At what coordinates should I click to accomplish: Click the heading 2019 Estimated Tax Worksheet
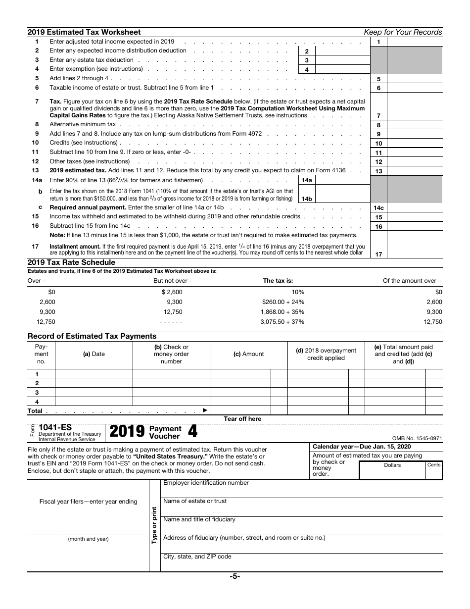(x=84, y=32)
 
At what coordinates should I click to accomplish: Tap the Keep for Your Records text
(x=403, y=32)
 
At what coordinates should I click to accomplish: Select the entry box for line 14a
(x=342, y=180)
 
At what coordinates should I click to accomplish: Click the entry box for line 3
(x=342, y=60)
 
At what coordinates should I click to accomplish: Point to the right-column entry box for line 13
(x=414, y=171)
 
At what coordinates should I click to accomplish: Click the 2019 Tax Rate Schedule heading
(x=71, y=262)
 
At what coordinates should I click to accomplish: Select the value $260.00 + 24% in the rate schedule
(x=283, y=302)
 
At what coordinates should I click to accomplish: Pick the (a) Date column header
(x=94, y=354)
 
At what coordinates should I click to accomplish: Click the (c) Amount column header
(x=248, y=354)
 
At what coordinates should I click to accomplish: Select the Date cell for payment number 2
(x=94, y=383)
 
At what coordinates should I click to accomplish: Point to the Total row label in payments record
(x=35, y=411)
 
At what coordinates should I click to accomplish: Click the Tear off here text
(x=242, y=419)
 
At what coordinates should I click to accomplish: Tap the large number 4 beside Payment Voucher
(x=192, y=432)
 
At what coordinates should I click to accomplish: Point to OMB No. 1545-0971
(x=417, y=438)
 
